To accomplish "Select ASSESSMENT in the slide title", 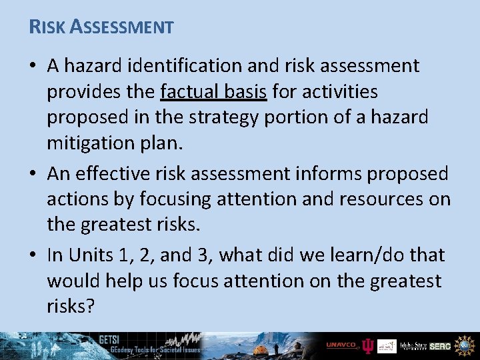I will click(x=122, y=27).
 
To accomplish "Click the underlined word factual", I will click(x=193, y=91).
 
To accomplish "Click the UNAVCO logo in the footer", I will click(x=342, y=345).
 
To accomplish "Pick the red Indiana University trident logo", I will click(x=367, y=345).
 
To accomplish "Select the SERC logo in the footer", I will click(x=440, y=345).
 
